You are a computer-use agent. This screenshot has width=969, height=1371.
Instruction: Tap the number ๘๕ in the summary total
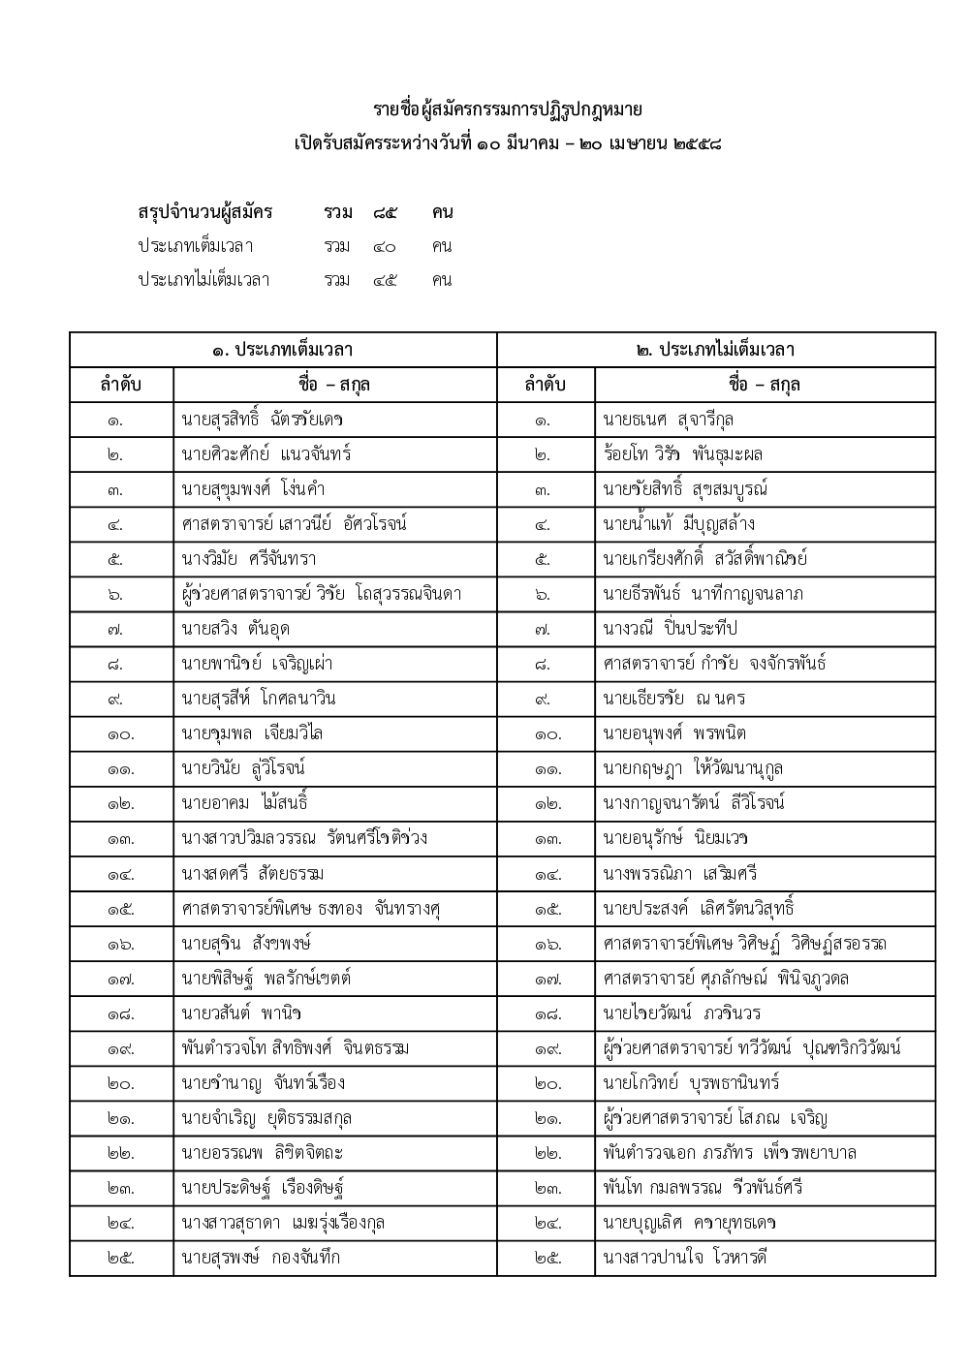point(385,212)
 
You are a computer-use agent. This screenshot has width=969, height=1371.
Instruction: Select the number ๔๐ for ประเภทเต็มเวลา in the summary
point(385,246)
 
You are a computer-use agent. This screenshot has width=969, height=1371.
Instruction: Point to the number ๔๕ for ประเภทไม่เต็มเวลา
point(385,281)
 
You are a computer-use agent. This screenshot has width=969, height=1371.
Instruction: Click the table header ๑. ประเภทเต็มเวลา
point(283,350)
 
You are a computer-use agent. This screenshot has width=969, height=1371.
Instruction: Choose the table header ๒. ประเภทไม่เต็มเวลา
point(716,350)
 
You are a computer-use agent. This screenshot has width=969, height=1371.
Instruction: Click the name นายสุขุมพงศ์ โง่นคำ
point(255,489)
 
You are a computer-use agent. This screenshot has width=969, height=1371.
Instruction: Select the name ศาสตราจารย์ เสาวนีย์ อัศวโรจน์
point(295,524)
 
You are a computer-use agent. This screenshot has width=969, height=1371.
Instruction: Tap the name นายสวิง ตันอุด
point(235,629)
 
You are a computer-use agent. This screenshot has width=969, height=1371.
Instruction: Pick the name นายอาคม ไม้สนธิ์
point(244,803)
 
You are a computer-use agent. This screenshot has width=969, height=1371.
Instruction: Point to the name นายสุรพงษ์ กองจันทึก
point(261,1258)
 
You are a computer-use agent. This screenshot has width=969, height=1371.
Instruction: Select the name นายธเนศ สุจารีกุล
point(668,420)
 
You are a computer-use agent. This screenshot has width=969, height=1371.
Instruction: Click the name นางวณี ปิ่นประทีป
point(670,629)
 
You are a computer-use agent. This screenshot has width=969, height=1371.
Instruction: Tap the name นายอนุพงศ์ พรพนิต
point(673,733)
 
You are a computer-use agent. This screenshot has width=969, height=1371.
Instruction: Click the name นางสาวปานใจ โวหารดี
point(684,1258)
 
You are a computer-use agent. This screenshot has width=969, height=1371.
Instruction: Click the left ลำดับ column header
point(121,385)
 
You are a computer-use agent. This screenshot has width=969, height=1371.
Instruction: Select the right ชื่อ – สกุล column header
point(765,385)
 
